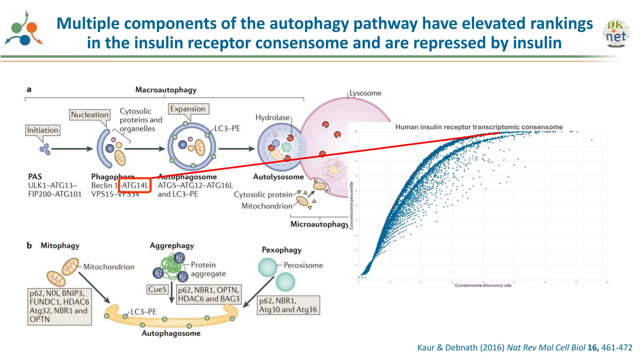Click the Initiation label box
pyautogui.click(x=42, y=130)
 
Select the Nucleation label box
pyautogui.click(x=90, y=115)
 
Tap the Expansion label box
pyautogui.click(x=188, y=109)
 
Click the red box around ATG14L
pyautogui.click(x=135, y=185)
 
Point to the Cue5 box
pyautogui.click(x=157, y=289)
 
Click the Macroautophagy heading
pyautogui.click(x=166, y=90)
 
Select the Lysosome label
pyautogui.click(x=365, y=93)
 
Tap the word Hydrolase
pyautogui.click(x=272, y=117)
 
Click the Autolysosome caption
pyautogui.click(x=278, y=177)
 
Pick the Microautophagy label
pyautogui.click(x=319, y=224)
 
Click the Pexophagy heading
pyautogui.click(x=282, y=250)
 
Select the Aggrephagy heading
pyautogui.click(x=172, y=246)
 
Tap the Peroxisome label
pyautogui.click(x=303, y=265)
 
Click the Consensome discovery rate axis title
pyautogui.click(x=483, y=285)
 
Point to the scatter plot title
pyautogui.click(x=479, y=127)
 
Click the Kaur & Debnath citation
pyautogui.click(x=524, y=347)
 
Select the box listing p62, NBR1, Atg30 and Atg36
pyautogui.click(x=288, y=305)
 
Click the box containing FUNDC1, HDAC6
pyautogui.click(x=59, y=306)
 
